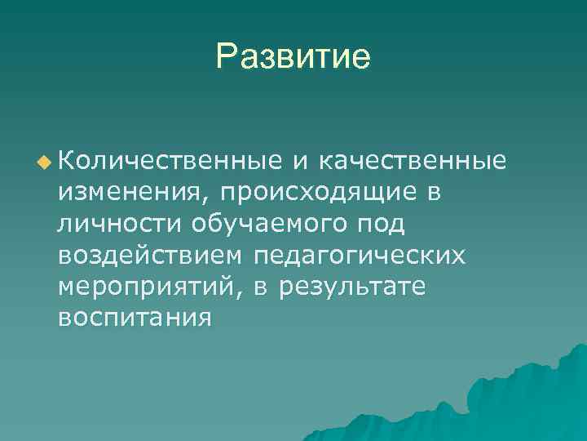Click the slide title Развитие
tap(293, 56)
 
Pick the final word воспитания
tap(135, 318)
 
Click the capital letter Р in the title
tap(227, 56)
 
